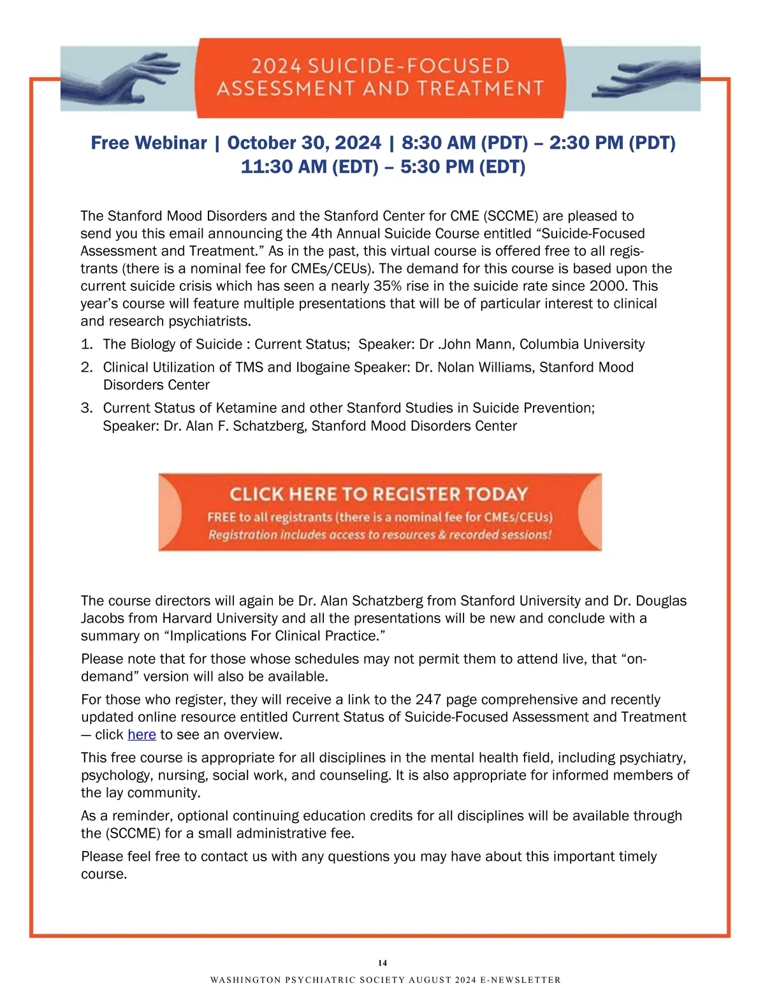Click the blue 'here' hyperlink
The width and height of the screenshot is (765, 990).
(x=142, y=735)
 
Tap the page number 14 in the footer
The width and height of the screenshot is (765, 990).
(x=382, y=963)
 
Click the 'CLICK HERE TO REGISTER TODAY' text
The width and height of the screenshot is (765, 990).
(x=379, y=494)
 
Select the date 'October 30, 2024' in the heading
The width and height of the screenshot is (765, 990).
(x=304, y=143)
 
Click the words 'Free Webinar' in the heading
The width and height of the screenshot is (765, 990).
(x=149, y=143)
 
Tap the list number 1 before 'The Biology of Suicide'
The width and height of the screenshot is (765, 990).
(x=87, y=345)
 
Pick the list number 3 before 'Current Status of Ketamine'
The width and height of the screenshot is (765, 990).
(x=87, y=409)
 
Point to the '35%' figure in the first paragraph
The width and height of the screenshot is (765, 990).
(x=388, y=286)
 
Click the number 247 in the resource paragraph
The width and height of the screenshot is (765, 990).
(x=428, y=700)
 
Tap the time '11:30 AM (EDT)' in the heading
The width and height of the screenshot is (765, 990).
(x=309, y=167)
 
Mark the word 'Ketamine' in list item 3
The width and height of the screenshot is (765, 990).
(x=247, y=409)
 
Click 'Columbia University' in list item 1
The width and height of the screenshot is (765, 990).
(x=582, y=345)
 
